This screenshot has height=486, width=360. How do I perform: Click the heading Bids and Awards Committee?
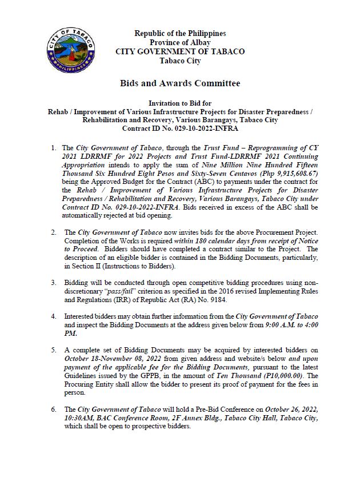point(180,83)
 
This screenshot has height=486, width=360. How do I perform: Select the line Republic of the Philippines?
point(180,34)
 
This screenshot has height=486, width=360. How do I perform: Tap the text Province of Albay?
point(180,42)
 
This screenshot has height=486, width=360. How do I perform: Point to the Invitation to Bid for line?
point(180,104)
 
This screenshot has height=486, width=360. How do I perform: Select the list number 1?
point(54,147)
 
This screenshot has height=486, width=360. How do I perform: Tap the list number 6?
point(54,409)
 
